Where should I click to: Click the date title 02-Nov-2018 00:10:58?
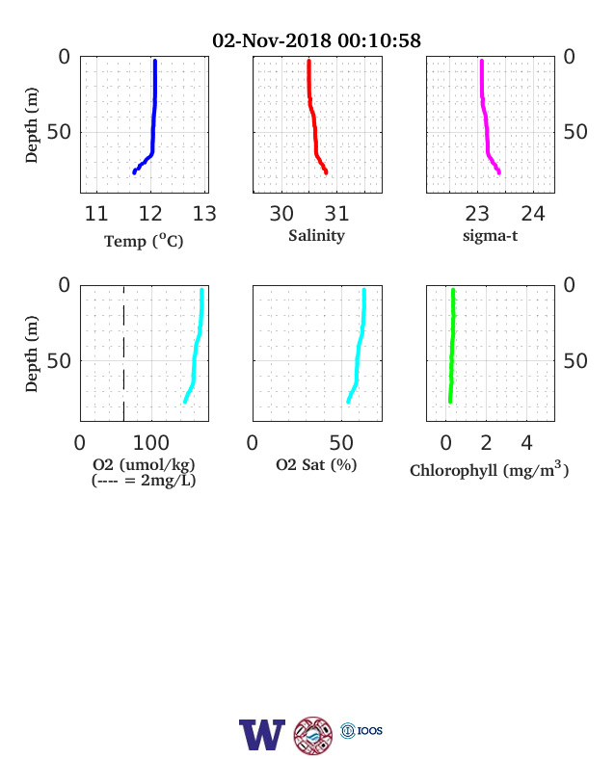[317, 40]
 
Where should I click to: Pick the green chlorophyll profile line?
[452, 346]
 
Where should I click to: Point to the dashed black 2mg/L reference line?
[124, 353]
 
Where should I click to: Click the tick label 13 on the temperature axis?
[204, 214]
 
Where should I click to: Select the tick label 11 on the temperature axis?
[95, 214]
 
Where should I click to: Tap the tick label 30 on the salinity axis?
[281, 214]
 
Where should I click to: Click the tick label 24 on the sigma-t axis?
[533, 214]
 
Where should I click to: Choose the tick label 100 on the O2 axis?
[151, 442]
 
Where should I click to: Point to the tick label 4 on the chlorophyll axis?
[526, 442]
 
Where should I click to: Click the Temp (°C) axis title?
[144, 241]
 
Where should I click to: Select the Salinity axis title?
[317, 236]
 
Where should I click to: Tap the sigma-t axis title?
[490, 236]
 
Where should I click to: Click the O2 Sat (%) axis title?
[316, 464]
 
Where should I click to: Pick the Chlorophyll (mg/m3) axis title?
[489, 469]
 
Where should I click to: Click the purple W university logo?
[262, 734]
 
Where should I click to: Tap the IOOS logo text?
[370, 730]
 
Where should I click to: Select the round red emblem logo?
[313, 735]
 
